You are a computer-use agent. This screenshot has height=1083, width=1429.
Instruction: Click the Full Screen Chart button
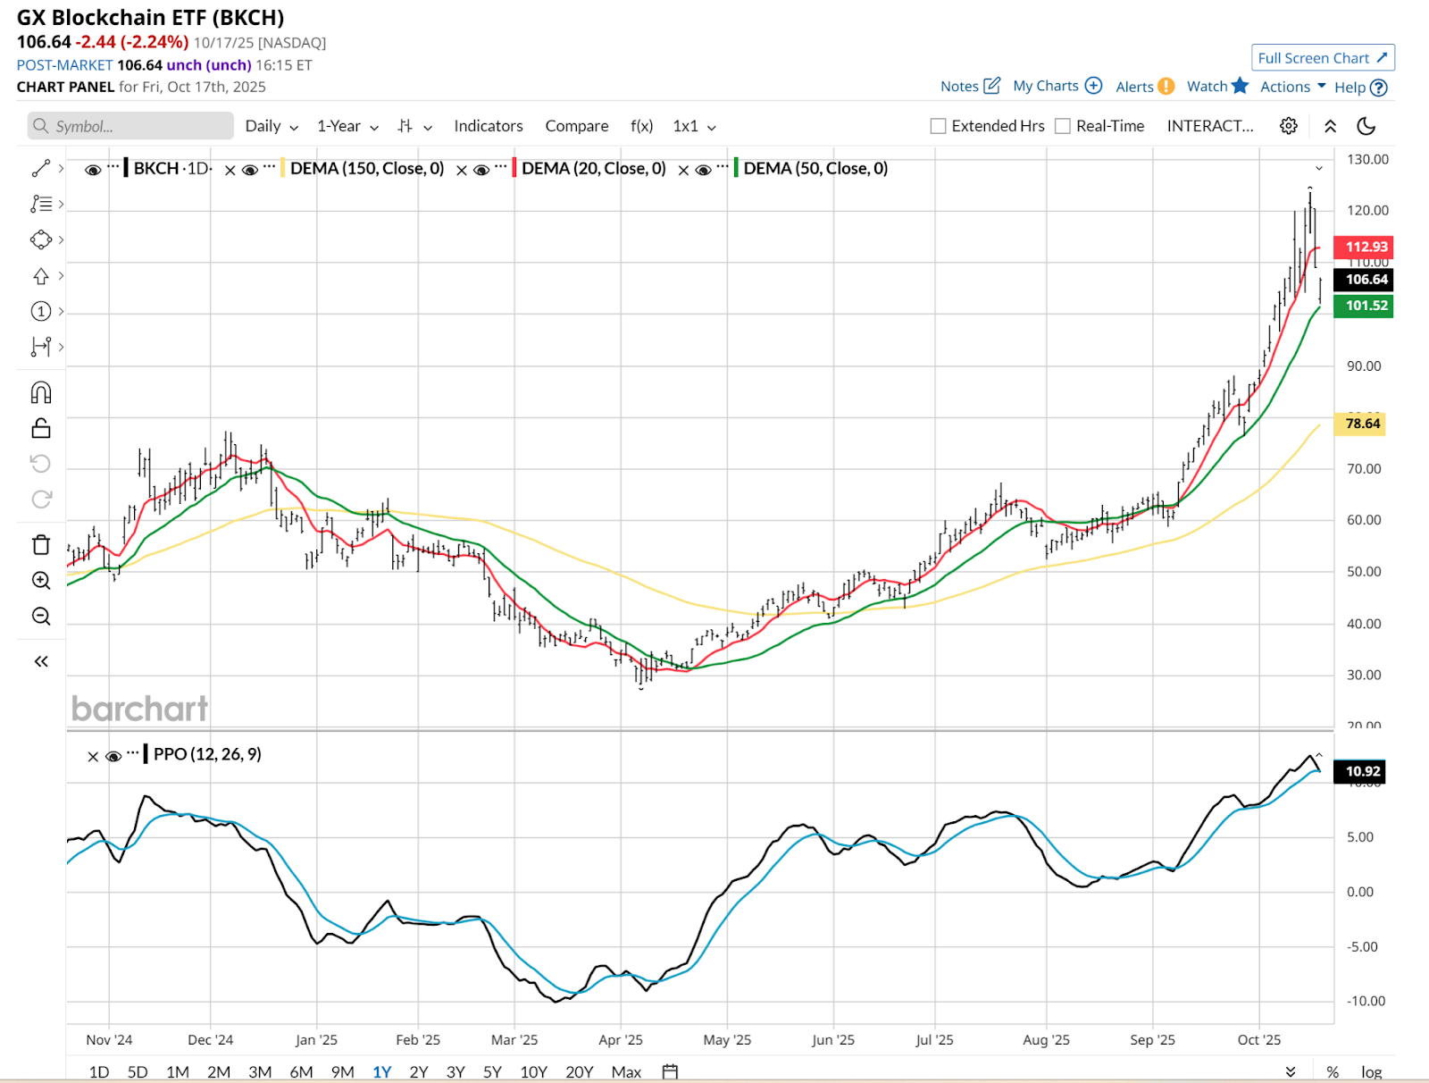[1322, 58]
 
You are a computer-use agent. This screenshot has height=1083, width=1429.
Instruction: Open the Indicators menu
[488, 126]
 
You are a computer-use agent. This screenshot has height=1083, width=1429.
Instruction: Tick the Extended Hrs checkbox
[938, 126]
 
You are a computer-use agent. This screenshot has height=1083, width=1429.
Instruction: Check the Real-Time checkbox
[1063, 126]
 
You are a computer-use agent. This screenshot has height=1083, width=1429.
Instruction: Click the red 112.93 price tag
[1364, 247]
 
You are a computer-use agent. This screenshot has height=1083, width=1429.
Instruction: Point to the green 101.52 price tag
[1364, 306]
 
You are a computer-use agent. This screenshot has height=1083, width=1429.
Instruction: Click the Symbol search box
[130, 126]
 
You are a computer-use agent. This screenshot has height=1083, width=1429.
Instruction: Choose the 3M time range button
[260, 1071]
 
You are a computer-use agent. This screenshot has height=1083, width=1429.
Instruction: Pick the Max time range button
[626, 1071]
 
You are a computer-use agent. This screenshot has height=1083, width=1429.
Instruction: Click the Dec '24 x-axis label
[211, 1040]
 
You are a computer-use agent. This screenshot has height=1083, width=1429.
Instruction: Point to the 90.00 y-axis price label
[1364, 366]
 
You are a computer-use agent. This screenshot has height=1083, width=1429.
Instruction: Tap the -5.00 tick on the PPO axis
[1362, 947]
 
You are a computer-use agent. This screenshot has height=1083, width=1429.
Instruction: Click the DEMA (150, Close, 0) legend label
[367, 169]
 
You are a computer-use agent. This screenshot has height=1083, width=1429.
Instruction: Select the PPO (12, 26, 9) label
[207, 754]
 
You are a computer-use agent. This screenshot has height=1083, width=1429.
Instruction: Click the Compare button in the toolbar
[577, 126]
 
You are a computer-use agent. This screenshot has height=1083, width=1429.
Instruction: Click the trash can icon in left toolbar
[41, 545]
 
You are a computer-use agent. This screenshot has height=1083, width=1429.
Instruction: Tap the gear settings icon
[1288, 126]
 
